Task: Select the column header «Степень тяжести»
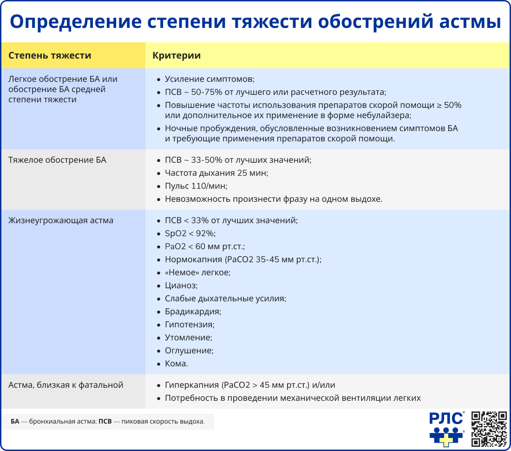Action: tap(50, 56)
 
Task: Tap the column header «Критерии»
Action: tap(177, 56)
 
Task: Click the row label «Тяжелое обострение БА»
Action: tap(57, 160)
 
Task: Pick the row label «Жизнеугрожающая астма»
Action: tap(61, 220)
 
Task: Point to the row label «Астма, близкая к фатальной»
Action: tap(66, 385)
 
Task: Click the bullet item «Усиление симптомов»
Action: tap(210, 79)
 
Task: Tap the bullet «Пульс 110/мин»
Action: tap(196, 186)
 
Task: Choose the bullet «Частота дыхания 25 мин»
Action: tap(216, 173)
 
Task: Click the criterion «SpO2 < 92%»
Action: tap(190, 233)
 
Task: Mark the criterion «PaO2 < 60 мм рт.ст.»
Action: tap(204, 246)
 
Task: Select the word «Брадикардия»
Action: tap(193, 312)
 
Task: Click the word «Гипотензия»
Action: tap(190, 325)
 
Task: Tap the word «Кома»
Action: tap(176, 364)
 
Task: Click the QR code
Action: tap(489, 429)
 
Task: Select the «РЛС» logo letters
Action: tap(446, 418)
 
